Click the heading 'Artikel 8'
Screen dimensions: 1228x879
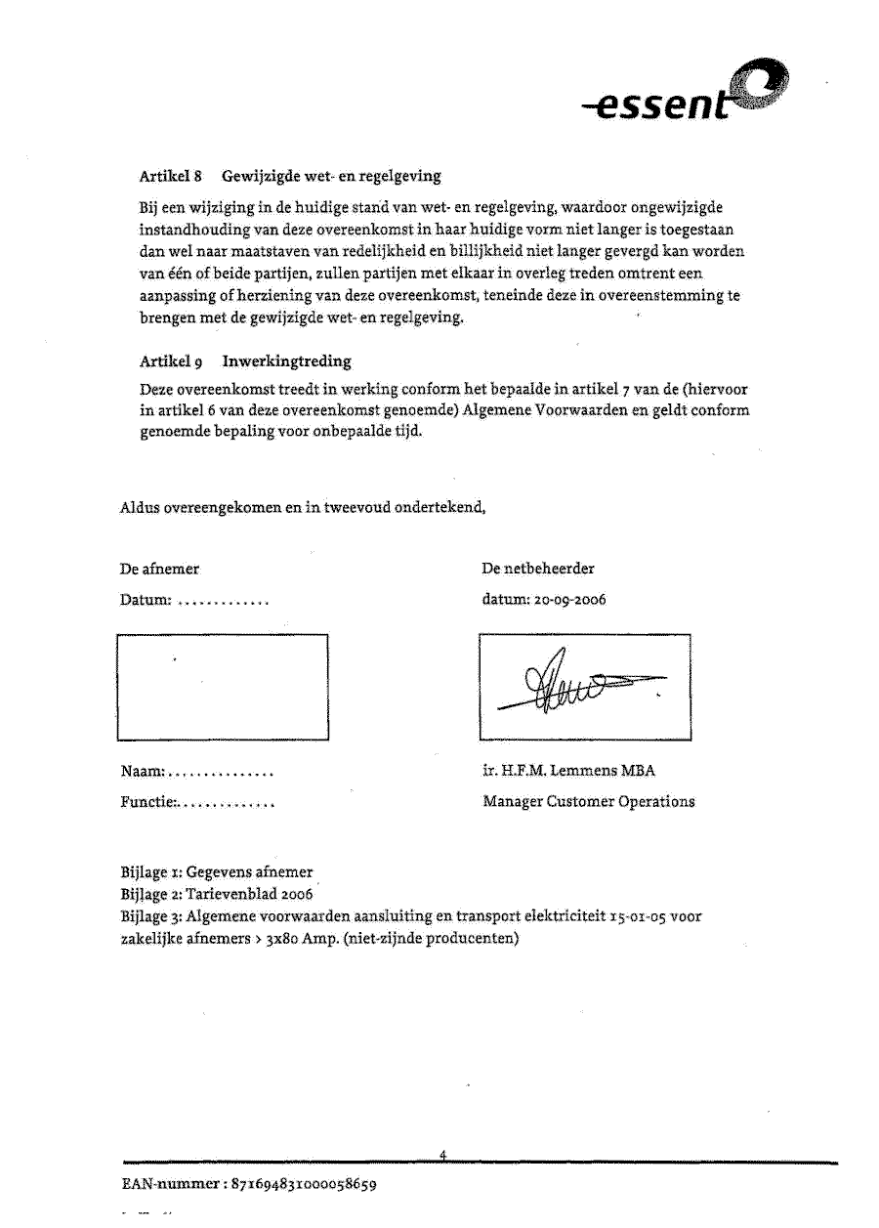pos(171,177)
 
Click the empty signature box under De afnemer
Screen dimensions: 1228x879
pos(223,687)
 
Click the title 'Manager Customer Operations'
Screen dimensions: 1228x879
pos(589,802)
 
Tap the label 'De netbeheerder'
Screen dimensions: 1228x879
pos(538,569)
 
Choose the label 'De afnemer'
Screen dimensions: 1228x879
pos(159,569)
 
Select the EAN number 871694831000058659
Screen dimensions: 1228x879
pos(305,1185)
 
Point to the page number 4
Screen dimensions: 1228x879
pos(442,1155)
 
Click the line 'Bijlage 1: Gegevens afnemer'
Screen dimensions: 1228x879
pos(217,872)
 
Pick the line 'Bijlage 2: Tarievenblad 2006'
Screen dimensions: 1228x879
pos(216,894)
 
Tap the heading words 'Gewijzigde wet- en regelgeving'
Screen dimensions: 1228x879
pos(331,177)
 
